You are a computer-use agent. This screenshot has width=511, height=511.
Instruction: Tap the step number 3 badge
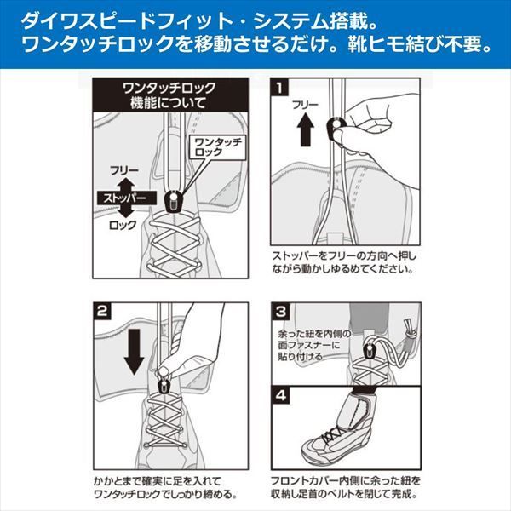(281, 311)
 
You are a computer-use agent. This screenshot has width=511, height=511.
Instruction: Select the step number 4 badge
(281, 395)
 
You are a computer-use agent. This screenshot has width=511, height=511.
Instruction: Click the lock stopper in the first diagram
(172, 203)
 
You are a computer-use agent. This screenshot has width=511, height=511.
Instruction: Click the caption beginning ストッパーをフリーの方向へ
(342, 261)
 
